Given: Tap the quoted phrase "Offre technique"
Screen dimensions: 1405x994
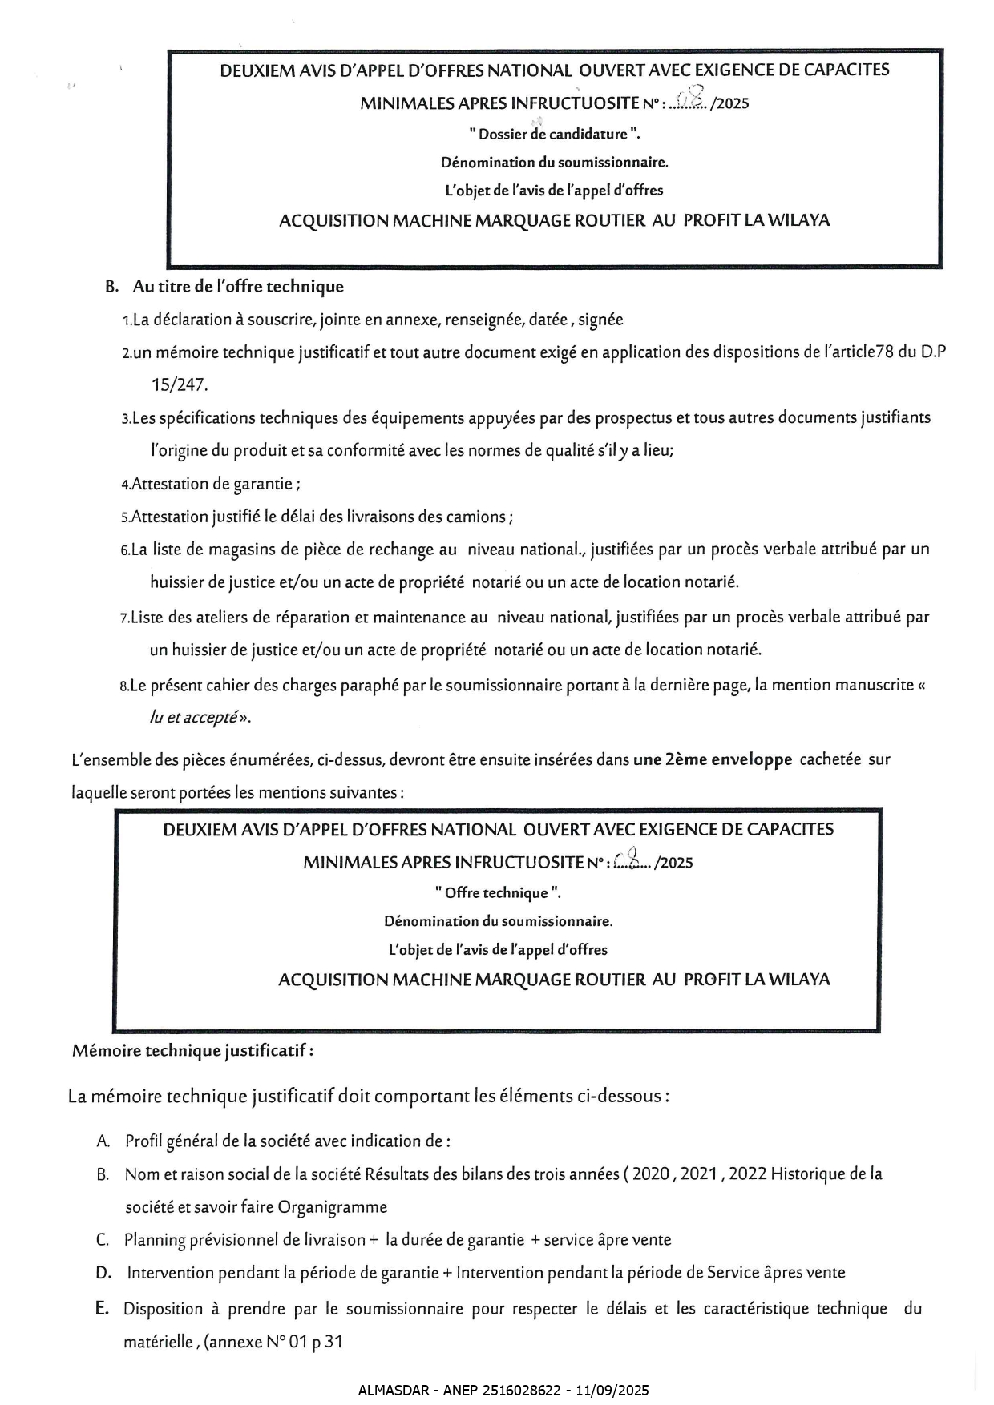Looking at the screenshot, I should pyautogui.click(x=497, y=892).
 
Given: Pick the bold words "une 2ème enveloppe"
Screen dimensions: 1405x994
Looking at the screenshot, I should pyautogui.click(x=713, y=759).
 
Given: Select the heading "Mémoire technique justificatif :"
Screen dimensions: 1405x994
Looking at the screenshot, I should pyautogui.click(x=193, y=1050).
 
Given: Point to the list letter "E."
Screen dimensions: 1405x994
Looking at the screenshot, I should pyautogui.click(x=103, y=1308).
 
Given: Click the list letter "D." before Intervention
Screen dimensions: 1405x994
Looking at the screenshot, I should pyautogui.click(x=103, y=1272).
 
